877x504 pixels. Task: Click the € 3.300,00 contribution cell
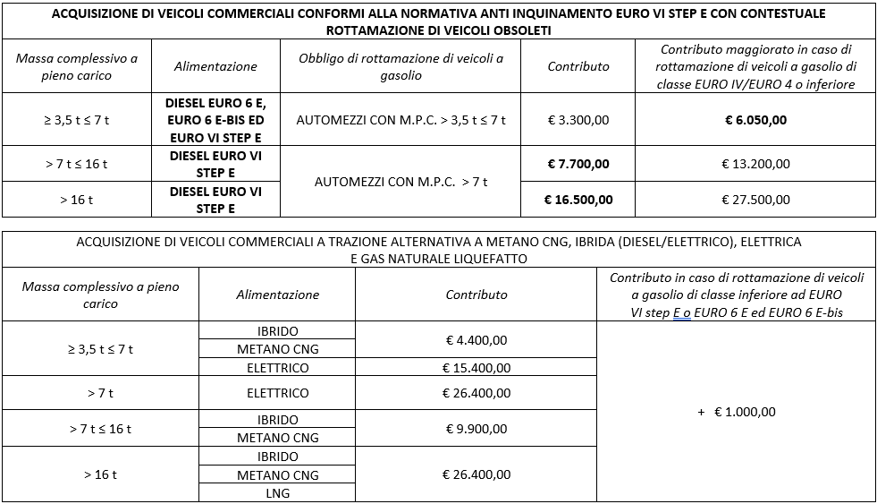(x=578, y=119)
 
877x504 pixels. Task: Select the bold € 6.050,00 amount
(x=755, y=119)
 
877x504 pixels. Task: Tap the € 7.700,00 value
(x=578, y=164)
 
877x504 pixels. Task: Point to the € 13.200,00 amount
(x=755, y=164)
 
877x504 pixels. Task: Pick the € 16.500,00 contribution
(x=578, y=199)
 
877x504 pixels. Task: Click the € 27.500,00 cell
(x=755, y=199)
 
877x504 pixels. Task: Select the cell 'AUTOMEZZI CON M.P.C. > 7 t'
(x=401, y=182)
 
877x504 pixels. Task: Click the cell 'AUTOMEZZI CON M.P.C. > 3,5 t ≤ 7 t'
(x=401, y=119)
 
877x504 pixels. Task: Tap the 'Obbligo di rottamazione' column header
(x=401, y=67)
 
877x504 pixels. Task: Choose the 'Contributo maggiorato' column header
(x=755, y=66)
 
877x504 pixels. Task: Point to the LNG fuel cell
(x=277, y=492)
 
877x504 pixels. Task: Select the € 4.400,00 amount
(x=476, y=340)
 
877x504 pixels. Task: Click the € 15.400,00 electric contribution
(x=476, y=367)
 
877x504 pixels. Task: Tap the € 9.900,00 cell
(x=476, y=429)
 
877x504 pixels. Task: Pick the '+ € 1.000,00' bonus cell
(x=737, y=412)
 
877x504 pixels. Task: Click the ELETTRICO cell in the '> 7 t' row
(x=277, y=393)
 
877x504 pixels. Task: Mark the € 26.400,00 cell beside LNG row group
(x=476, y=474)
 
